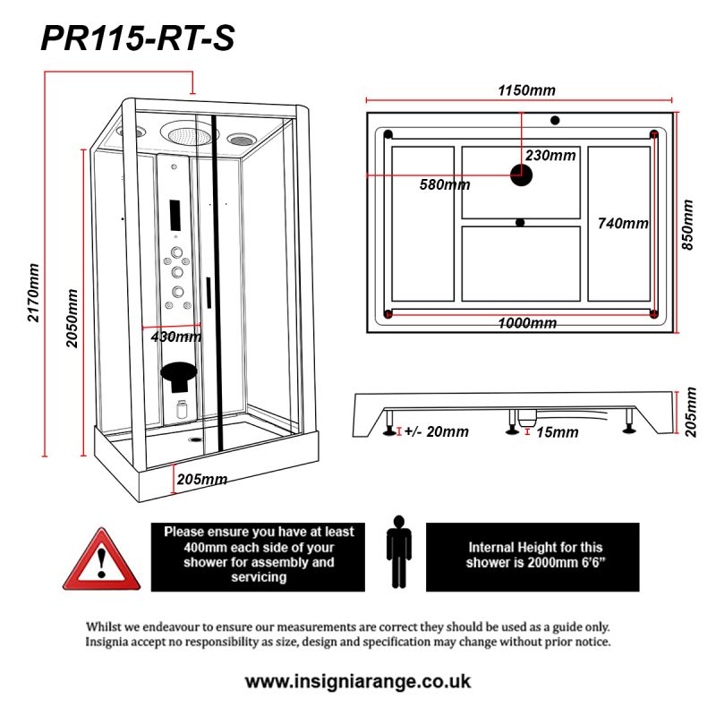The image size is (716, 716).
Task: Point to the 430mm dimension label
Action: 175,337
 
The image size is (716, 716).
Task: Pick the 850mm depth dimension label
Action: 688,225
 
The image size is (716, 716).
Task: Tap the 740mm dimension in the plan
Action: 623,224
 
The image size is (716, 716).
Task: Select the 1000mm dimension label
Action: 527,323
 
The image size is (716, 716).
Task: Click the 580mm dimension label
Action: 445,185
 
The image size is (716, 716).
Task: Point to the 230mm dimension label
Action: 550,155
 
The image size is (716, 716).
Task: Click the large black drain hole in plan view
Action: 521,174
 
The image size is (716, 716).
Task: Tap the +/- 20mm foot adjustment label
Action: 436,432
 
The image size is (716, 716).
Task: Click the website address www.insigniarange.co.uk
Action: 358,681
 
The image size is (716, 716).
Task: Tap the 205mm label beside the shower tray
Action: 201,479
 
